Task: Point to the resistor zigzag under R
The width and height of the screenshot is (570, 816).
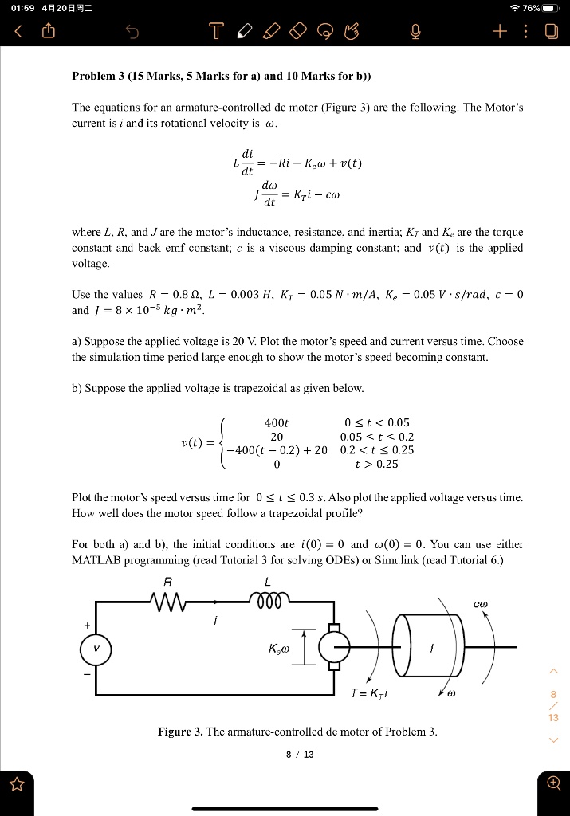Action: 169,600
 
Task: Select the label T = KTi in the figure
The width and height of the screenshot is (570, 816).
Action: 368,692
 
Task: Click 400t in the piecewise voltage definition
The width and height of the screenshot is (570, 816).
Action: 276,422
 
